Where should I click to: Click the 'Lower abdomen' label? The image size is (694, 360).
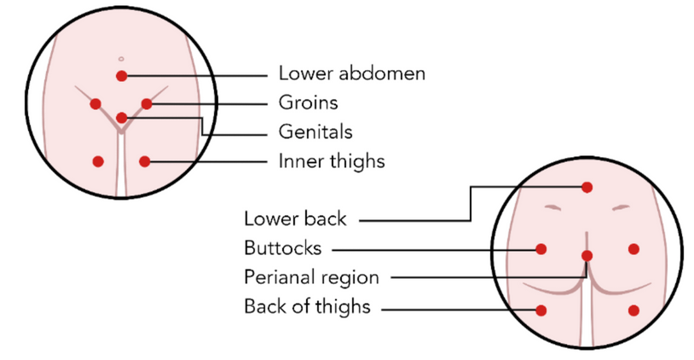(x=351, y=73)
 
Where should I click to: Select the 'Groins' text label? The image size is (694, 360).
(x=308, y=103)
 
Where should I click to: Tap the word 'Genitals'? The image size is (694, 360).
(x=315, y=132)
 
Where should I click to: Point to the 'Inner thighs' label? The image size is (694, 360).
(x=331, y=160)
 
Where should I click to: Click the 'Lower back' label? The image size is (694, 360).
(x=295, y=218)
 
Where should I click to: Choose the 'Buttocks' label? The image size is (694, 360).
(x=282, y=248)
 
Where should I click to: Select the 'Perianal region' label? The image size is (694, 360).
(x=310, y=277)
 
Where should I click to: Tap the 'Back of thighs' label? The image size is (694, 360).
(x=307, y=306)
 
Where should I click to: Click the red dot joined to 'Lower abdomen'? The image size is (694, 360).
(x=122, y=76)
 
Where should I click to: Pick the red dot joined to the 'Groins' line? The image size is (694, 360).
(x=147, y=104)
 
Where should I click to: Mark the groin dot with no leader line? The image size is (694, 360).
(x=95, y=104)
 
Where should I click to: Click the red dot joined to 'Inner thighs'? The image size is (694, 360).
(x=145, y=161)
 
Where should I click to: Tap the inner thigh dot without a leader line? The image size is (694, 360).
(x=98, y=161)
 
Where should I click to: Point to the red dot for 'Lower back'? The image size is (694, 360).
(x=587, y=187)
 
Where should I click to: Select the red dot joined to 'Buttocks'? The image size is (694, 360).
(x=541, y=249)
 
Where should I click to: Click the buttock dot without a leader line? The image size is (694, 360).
(x=633, y=249)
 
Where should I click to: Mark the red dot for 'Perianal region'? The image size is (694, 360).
(x=587, y=255)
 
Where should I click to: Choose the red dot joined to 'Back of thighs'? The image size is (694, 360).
(x=541, y=311)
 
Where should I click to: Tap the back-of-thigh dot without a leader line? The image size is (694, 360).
(x=633, y=311)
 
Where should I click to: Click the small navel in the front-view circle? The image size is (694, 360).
(x=122, y=58)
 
